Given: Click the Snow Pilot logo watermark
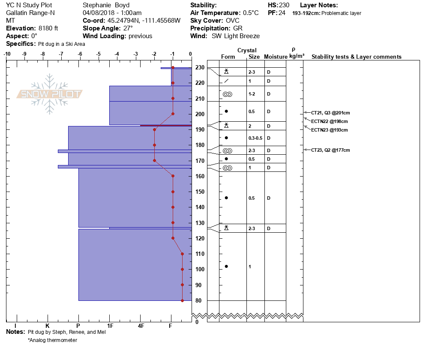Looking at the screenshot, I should point(50,94).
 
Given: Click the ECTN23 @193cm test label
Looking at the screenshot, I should point(329,130).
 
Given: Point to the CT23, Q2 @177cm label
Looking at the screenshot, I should point(330,150).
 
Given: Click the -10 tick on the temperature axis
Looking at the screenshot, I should point(7,54).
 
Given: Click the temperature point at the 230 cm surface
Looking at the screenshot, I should point(173,68).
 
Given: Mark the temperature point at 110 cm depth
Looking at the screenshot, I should point(182,254).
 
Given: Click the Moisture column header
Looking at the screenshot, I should point(275,57).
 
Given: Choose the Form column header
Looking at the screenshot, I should point(228,57).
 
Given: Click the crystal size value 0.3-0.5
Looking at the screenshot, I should point(255,138).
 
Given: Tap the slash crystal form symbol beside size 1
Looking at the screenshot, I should point(226,81).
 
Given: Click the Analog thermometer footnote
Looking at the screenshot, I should point(53,340).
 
